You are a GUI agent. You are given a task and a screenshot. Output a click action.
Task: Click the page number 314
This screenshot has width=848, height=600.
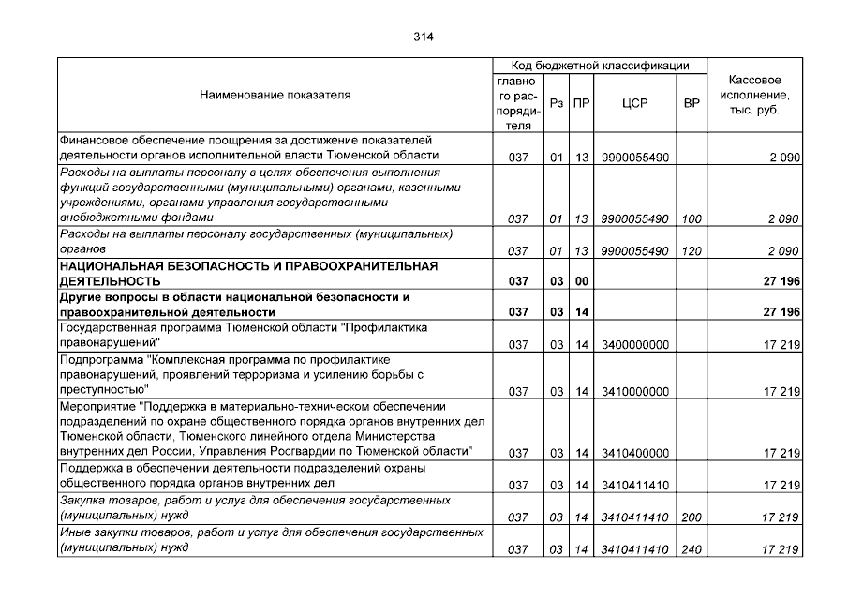tap(424, 37)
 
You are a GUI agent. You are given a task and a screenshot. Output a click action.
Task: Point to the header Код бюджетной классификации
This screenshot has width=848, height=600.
tap(600, 67)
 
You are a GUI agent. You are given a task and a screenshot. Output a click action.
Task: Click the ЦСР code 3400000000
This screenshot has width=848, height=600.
tap(635, 345)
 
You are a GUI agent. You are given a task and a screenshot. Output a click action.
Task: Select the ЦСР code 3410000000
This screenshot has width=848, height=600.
tap(635, 391)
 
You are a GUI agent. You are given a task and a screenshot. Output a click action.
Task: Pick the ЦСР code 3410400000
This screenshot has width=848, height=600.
tap(635, 453)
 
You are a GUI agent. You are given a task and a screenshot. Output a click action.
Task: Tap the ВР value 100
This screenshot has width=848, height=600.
tap(692, 219)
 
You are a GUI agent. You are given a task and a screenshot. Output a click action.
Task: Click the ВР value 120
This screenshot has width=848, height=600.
tap(692, 251)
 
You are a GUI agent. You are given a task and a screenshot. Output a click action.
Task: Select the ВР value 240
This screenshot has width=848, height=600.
tap(692, 548)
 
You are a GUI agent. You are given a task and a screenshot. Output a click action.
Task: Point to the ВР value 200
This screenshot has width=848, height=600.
tap(692, 517)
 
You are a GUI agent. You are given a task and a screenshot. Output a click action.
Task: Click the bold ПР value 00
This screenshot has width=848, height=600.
tap(581, 281)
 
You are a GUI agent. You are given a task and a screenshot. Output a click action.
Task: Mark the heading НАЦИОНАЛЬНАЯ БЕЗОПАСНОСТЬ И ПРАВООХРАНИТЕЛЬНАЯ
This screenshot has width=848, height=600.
tap(248, 266)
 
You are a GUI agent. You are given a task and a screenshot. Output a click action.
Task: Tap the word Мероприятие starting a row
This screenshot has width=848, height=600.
tap(97, 406)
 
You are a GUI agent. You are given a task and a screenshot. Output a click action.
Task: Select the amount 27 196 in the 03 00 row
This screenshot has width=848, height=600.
tap(781, 281)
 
